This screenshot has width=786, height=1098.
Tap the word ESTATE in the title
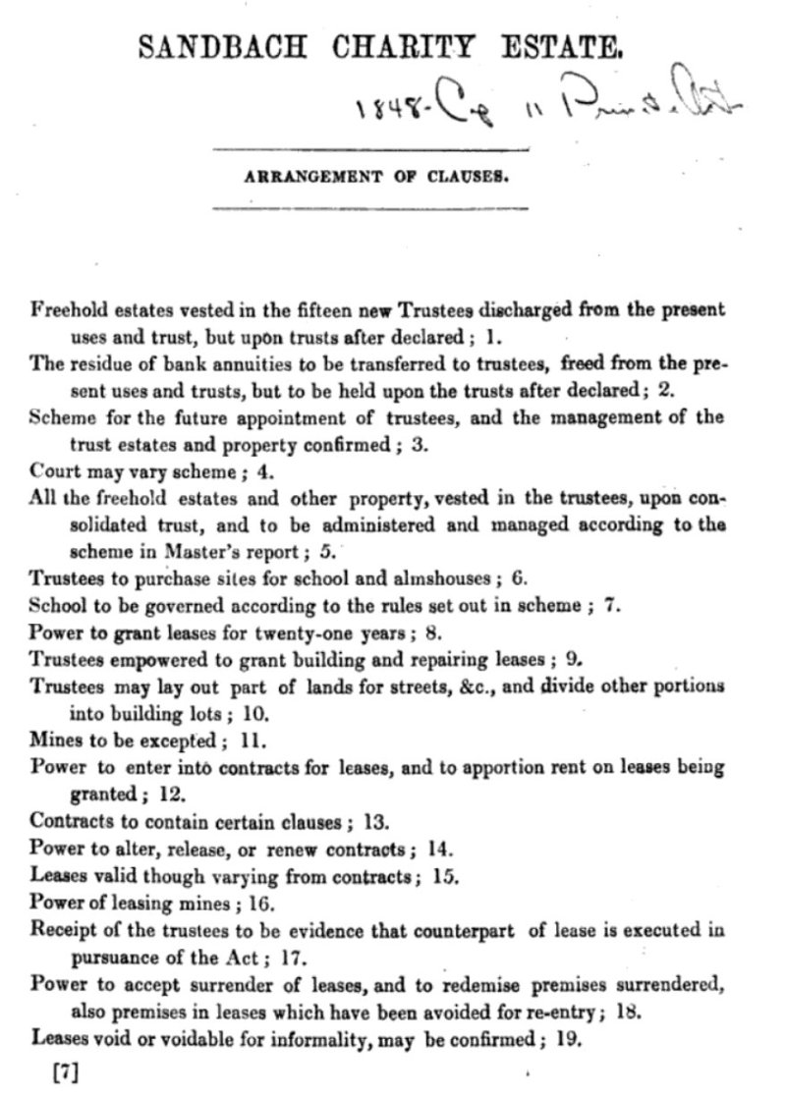[564, 46]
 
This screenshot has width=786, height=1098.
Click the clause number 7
[610, 604]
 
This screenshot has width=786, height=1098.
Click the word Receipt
[61, 928]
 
